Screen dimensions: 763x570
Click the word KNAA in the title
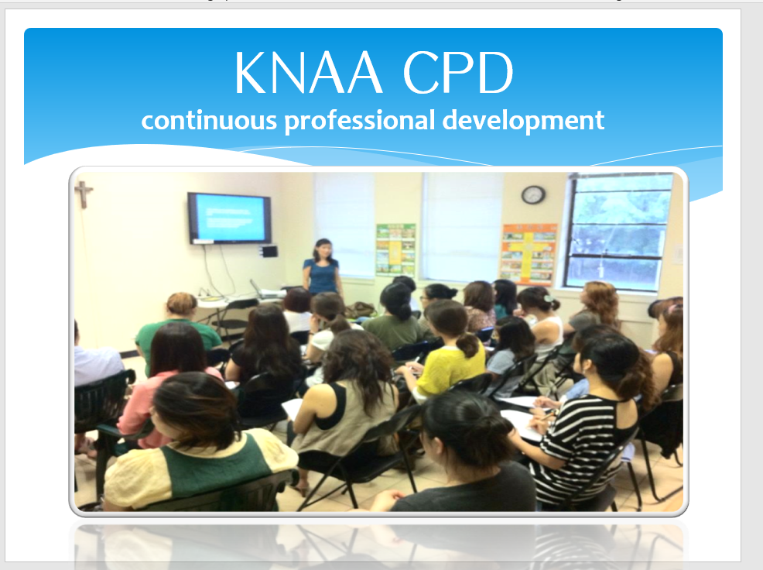click(x=307, y=73)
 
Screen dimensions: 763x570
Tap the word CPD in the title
click(x=458, y=73)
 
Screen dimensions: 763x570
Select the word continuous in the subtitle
click(x=209, y=120)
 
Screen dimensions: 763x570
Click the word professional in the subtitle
click(x=359, y=122)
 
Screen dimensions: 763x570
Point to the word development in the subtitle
click(x=524, y=122)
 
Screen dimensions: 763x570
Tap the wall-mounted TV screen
click(x=229, y=218)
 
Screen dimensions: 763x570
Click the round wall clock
click(x=533, y=195)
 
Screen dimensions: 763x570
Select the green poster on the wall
click(x=395, y=249)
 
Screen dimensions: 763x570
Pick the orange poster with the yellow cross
click(x=529, y=254)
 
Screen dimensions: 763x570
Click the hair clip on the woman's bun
click(x=549, y=298)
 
